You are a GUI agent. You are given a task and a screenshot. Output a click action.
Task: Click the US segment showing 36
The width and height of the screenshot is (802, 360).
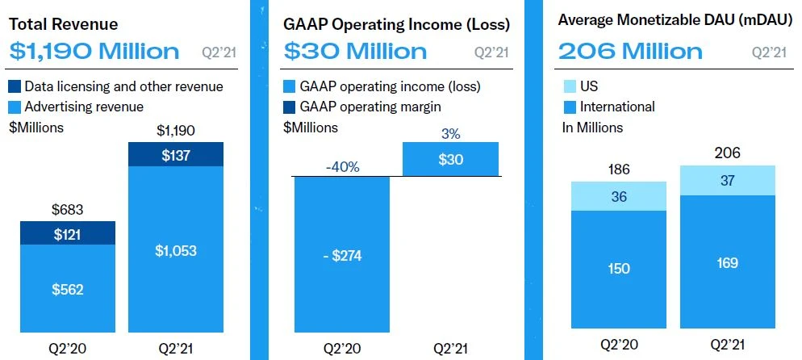click(x=620, y=196)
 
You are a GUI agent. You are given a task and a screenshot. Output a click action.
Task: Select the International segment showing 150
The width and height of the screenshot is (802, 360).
click(x=620, y=269)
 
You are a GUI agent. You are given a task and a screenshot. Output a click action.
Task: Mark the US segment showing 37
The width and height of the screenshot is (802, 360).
click(x=728, y=180)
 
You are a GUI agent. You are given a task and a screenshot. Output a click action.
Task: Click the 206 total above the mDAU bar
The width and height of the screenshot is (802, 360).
click(x=728, y=153)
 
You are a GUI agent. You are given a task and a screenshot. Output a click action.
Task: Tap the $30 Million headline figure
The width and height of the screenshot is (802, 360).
click(x=355, y=52)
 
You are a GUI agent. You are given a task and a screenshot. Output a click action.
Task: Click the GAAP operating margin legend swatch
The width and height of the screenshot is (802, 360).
click(x=290, y=107)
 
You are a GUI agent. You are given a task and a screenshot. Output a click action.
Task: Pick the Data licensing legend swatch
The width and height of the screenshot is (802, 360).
click(x=15, y=86)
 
